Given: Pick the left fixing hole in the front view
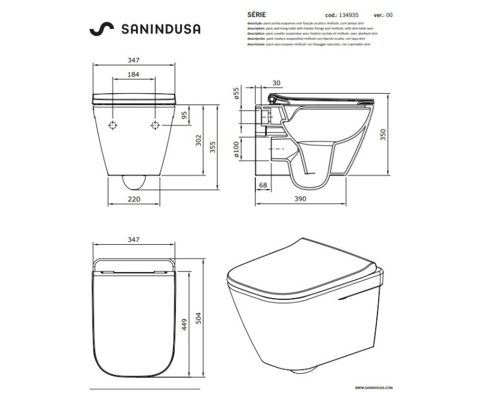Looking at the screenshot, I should (113, 126).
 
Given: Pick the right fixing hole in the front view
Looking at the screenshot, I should (154, 126).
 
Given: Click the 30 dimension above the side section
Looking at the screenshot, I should (276, 83).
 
